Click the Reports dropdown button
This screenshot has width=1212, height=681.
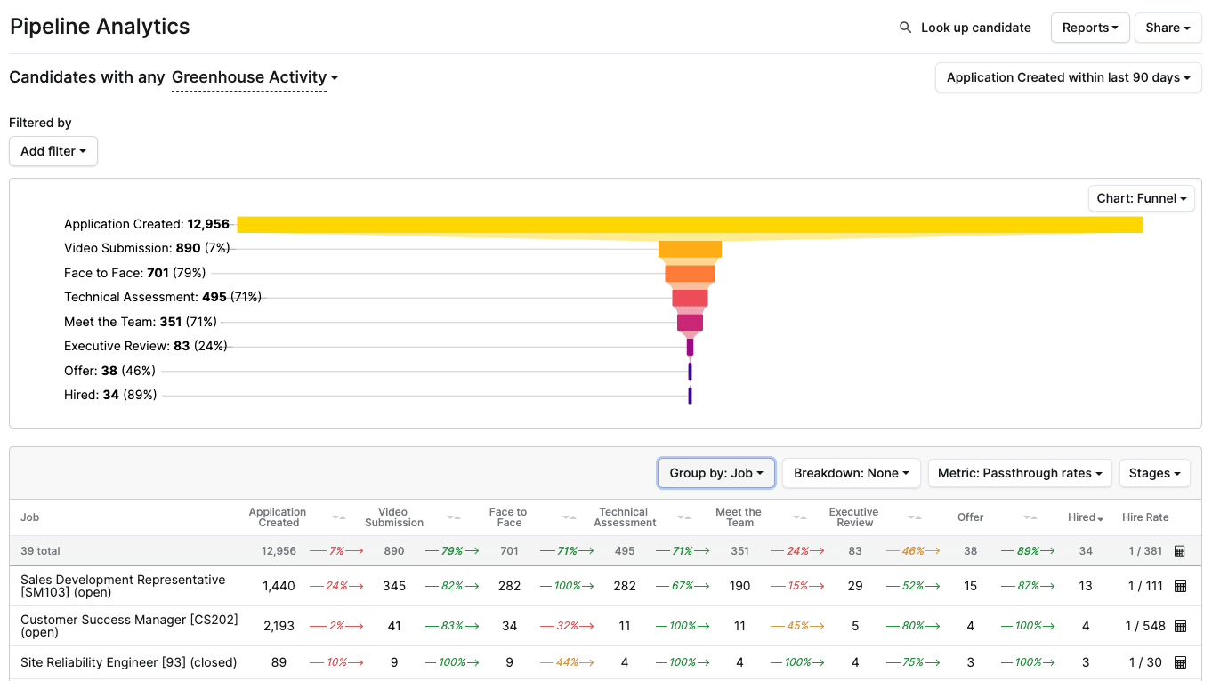pyautogui.click(x=1089, y=28)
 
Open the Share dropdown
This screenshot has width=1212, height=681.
pyautogui.click(x=1168, y=28)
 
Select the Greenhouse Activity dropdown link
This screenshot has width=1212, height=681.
pyautogui.click(x=254, y=77)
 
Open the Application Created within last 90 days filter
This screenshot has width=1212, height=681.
pyautogui.click(x=1068, y=77)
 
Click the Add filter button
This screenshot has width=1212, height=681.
pyautogui.click(x=53, y=151)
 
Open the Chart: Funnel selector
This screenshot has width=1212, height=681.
pyautogui.click(x=1141, y=198)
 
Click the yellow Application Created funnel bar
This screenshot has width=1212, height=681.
pyautogui.click(x=690, y=224)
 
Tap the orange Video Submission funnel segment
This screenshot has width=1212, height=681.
pyautogui.click(x=690, y=249)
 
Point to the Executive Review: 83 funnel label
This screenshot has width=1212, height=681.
pyautogui.click(x=145, y=346)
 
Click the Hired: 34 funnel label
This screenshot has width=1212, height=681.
pyautogui.click(x=109, y=395)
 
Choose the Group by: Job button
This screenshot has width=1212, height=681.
pyautogui.click(x=715, y=473)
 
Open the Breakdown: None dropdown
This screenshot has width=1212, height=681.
pyautogui.click(x=851, y=473)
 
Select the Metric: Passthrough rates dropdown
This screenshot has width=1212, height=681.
pyautogui.click(x=1019, y=473)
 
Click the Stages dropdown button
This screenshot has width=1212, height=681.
pyautogui.click(x=1154, y=473)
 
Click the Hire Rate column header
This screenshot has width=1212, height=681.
pyautogui.click(x=1145, y=517)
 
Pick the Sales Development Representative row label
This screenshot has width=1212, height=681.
pyautogui.click(x=123, y=586)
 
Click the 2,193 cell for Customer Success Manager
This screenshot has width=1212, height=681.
pyautogui.click(x=279, y=626)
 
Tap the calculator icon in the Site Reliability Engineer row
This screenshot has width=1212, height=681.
pyautogui.click(x=1180, y=662)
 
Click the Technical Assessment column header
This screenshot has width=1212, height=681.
pyautogui.click(x=624, y=517)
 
